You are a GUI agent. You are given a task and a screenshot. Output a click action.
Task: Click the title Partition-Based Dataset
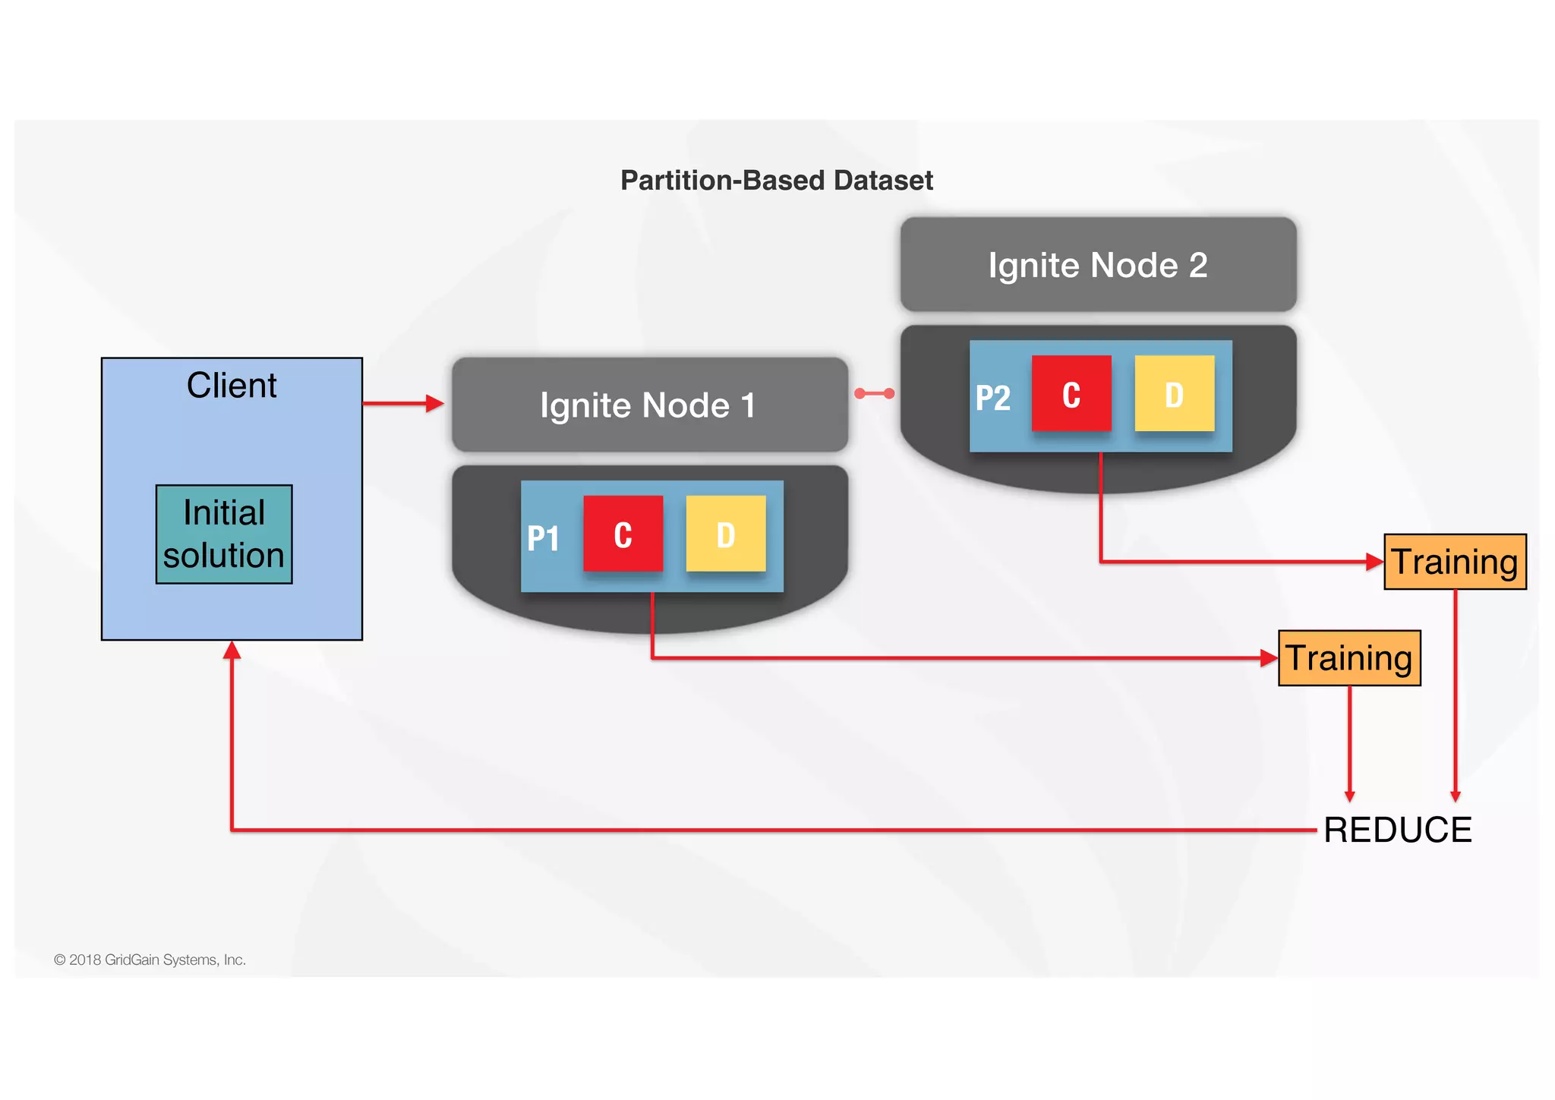click(776, 181)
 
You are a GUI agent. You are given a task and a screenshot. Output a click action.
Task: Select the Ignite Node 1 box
click(649, 405)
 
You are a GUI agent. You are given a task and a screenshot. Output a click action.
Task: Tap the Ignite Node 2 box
click(1097, 265)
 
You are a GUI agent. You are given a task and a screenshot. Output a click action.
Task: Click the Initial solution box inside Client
click(224, 534)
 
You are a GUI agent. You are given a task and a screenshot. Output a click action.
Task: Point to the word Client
click(232, 386)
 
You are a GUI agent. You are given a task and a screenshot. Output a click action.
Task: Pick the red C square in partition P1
click(623, 534)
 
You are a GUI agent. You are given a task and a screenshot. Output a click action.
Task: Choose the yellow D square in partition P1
click(725, 534)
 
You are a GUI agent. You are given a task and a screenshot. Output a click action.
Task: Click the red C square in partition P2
click(1071, 394)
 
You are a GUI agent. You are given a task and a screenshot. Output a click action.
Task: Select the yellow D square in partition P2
click(1174, 394)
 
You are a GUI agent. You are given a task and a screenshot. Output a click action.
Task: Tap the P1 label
click(543, 539)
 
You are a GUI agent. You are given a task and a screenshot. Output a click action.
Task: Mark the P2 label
click(992, 399)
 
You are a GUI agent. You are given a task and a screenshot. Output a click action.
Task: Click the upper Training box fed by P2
click(1454, 562)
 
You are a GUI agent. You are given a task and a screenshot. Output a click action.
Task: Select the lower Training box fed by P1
click(1348, 658)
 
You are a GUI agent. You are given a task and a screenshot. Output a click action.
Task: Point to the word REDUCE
click(1397, 830)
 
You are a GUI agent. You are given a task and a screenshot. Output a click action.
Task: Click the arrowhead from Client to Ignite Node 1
click(434, 403)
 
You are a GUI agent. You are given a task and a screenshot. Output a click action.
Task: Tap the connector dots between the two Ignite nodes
click(874, 393)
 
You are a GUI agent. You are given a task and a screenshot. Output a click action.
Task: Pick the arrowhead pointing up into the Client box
click(232, 651)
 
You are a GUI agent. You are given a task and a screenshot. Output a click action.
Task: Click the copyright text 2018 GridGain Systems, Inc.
click(150, 960)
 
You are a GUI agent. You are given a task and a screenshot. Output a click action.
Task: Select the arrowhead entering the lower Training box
click(1268, 658)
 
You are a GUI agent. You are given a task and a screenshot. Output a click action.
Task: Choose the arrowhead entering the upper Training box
click(1374, 562)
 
